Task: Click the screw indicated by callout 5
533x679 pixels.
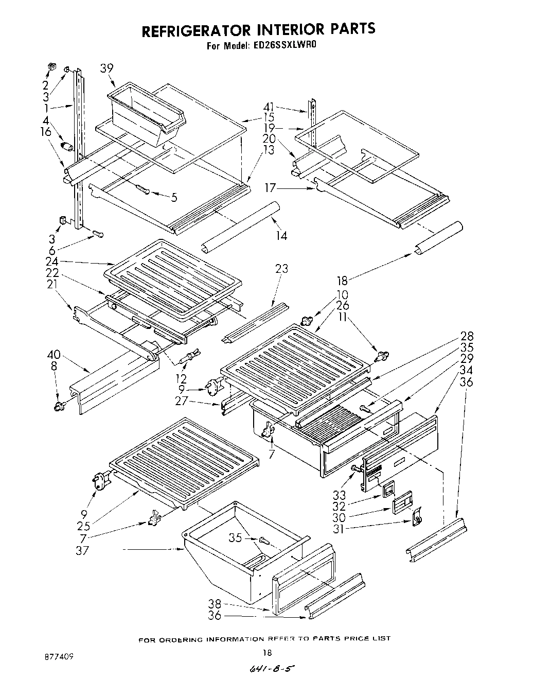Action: (x=143, y=190)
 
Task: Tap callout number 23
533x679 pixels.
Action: (x=281, y=269)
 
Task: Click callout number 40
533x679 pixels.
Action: (x=54, y=355)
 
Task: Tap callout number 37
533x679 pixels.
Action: (x=82, y=550)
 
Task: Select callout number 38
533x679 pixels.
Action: (x=215, y=604)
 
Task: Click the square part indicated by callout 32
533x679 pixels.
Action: (x=389, y=487)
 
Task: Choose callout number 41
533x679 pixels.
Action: (x=269, y=107)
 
